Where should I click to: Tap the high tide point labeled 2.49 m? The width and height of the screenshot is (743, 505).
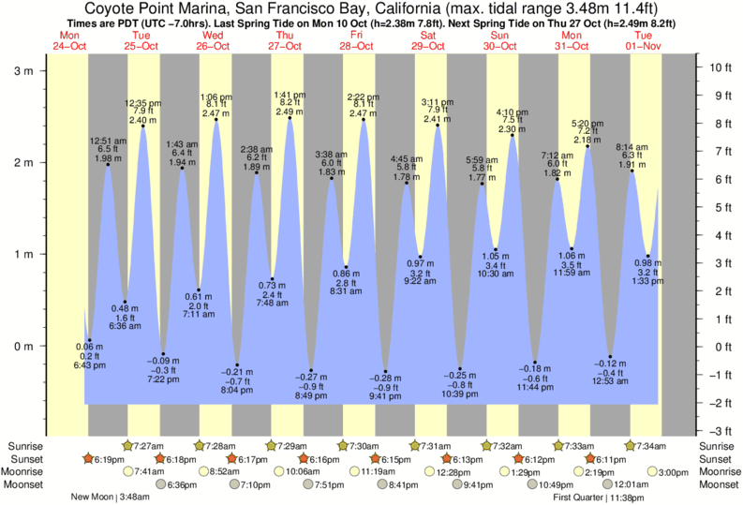(x=290, y=117)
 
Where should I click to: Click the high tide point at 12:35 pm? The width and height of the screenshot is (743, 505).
(x=143, y=126)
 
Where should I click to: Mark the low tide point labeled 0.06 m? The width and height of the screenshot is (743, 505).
(x=89, y=340)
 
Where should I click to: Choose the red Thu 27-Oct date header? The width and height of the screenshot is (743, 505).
(x=285, y=40)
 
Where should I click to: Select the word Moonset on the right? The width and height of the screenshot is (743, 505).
(x=718, y=484)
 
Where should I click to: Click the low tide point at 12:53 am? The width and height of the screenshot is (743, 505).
(x=610, y=357)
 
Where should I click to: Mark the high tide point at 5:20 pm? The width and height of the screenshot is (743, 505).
(x=587, y=146)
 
